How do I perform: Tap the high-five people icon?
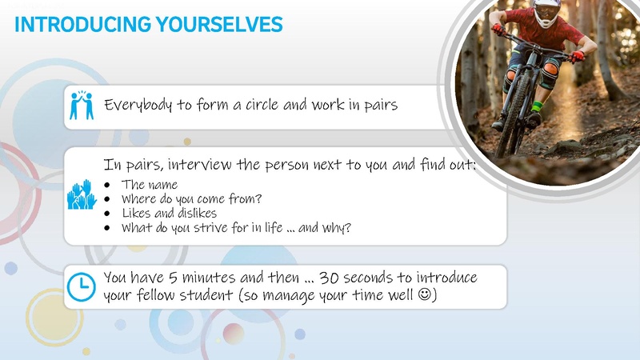click(82, 105)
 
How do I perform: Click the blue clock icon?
click(81, 286)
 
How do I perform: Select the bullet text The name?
click(150, 185)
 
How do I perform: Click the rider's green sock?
click(538, 106)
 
